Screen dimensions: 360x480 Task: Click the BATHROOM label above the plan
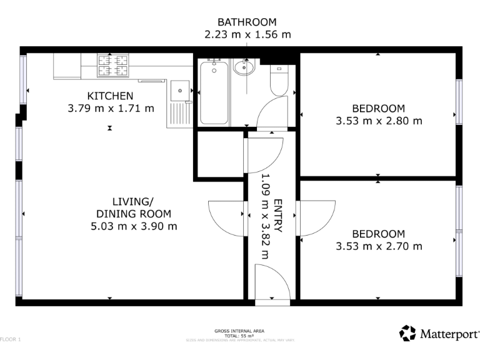[247, 22]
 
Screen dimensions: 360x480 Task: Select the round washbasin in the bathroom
[244, 67]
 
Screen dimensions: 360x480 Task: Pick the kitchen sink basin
[180, 91]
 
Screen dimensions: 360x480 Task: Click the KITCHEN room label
[110, 96]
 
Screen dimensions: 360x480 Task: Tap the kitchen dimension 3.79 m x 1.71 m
[110, 108]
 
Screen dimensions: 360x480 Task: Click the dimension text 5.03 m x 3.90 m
[133, 226]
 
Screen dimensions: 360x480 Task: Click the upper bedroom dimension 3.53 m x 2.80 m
[379, 121]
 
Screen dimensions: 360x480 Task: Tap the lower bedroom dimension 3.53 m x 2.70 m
[379, 246]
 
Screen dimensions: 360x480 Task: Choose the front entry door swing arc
[269, 281]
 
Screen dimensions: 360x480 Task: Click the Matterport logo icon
[407, 333]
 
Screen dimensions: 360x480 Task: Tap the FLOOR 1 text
[11, 339]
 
